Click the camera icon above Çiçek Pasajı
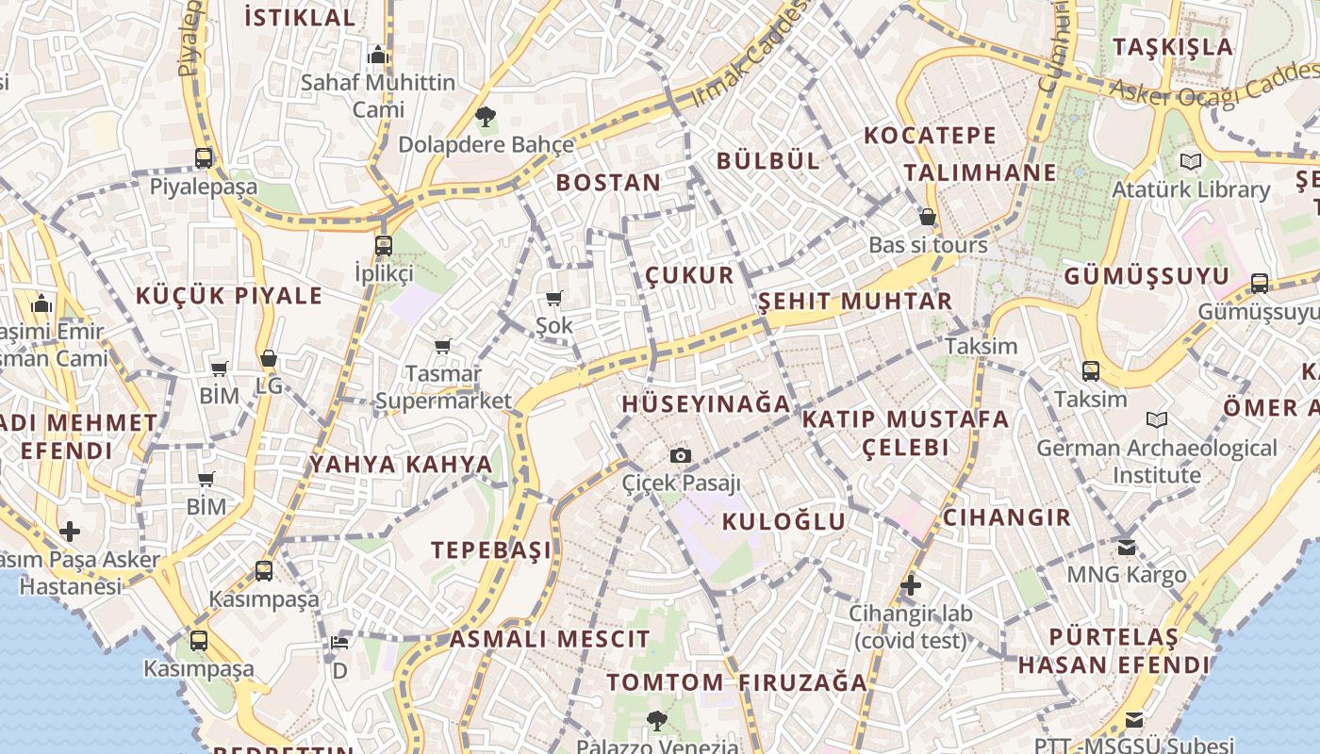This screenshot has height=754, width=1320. point(681,456)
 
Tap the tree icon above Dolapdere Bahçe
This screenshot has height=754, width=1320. point(486,118)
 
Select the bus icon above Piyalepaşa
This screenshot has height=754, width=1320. point(204,158)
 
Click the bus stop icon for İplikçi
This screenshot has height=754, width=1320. point(384,246)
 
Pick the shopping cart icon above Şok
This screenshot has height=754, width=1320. point(554,298)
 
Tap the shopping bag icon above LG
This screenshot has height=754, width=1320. point(269,359)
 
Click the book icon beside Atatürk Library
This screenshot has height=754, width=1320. point(1191,162)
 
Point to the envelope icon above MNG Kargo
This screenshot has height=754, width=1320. point(1127,547)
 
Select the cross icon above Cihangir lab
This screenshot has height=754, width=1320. point(910,585)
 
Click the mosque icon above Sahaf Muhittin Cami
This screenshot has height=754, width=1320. point(378,55)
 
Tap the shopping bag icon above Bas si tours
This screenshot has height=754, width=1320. point(928,218)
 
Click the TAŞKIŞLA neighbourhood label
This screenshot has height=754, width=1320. point(1172,47)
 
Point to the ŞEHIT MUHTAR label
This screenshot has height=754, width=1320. point(855,302)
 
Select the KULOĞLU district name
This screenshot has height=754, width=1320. point(784,521)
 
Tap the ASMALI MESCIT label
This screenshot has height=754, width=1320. point(550,639)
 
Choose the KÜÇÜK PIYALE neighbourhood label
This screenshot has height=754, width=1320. point(229,296)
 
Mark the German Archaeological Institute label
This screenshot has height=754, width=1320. point(1157,461)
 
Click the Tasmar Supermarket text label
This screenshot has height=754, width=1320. point(443,387)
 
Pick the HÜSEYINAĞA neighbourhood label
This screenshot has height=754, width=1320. point(705,404)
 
